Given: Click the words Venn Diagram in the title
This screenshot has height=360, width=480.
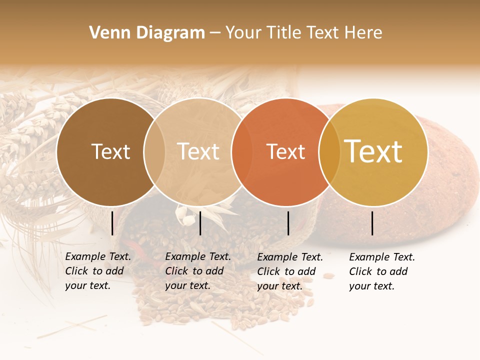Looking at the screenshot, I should coord(147,33).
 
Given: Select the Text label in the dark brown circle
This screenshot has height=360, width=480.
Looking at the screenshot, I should coord(110,151).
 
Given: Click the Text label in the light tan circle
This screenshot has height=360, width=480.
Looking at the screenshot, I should coord(198,151).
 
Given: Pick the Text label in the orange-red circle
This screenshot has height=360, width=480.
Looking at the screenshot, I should coord(285,151).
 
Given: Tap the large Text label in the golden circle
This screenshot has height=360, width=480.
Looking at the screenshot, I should coord(373,151).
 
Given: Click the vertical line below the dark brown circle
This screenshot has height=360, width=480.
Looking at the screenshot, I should coord(112,223).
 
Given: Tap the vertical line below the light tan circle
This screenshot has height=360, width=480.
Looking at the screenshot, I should coord(200,223).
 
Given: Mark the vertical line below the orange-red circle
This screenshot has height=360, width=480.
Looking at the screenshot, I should coord(288,223).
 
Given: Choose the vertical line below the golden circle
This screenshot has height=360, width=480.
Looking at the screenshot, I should coord(372,223).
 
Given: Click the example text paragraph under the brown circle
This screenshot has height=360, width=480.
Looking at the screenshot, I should coord(98,271).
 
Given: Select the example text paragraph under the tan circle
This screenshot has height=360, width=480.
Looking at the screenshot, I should coord(198,271).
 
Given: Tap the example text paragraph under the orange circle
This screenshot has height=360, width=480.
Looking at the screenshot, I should coord(290,271).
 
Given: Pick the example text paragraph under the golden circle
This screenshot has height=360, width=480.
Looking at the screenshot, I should coord(382,271).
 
